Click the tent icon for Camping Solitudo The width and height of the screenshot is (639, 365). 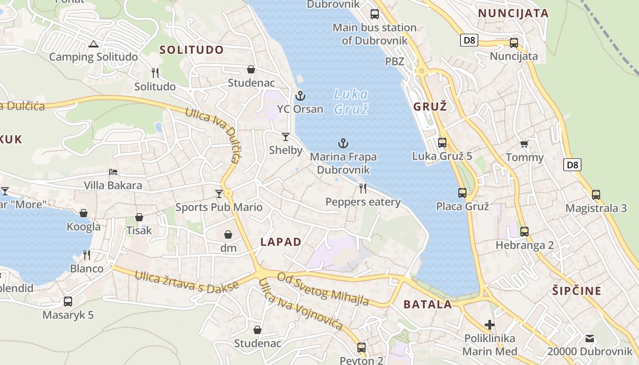pyautogui.click(x=94, y=44)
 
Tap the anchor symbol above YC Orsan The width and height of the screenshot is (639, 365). pyautogui.click(x=300, y=96)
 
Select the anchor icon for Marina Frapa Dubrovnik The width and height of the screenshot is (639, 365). pyautogui.click(x=343, y=144)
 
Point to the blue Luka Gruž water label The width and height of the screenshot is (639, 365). pyautogui.click(x=351, y=102)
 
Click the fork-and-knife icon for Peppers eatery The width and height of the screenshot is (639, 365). pyautogui.click(x=363, y=188)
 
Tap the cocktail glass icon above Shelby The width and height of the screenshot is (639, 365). pyautogui.click(x=286, y=136)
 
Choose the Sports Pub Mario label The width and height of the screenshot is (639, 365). pyautogui.click(x=219, y=208)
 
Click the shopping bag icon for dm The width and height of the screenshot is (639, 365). pyautogui.click(x=228, y=235)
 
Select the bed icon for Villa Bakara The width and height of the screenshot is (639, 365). pyautogui.click(x=113, y=172)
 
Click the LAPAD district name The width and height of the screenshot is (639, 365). pyautogui.click(x=281, y=242)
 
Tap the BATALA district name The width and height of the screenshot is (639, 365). pyautogui.click(x=428, y=304)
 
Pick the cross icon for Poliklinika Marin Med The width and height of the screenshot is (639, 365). pyautogui.click(x=490, y=325)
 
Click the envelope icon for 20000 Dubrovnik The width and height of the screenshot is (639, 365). pyautogui.click(x=590, y=338)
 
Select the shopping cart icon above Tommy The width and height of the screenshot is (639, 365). pyautogui.click(x=524, y=144)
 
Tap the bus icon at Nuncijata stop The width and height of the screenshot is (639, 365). pyautogui.click(x=514, y=43)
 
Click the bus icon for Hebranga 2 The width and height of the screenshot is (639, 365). pyautogui.click(x=524, y=231)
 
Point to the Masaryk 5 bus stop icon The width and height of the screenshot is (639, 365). pyautogui.click(x=68, y=301)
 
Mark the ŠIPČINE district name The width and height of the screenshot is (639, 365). pyautogui.click(x=576, y=291)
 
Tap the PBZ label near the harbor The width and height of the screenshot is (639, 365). pyautogui.click(x=395, y=61)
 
